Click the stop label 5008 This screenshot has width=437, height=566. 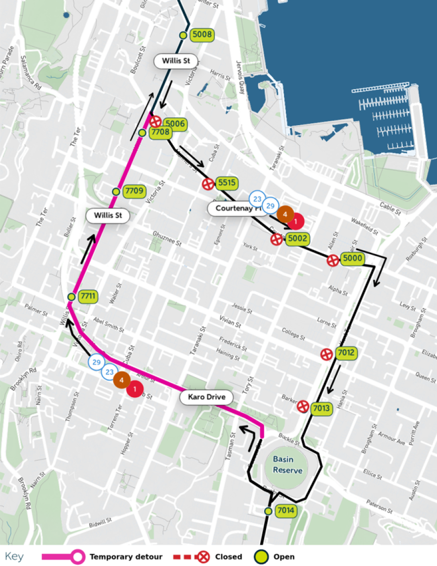click(202, 34)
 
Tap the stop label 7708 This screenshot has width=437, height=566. click(160, 132)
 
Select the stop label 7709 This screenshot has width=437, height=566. click(134, 191)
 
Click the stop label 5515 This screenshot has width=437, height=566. click(227, 183)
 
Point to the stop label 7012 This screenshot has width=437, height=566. click(346, 354)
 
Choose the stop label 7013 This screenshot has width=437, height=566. click(321, 408)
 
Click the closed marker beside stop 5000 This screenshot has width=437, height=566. click(333, 260)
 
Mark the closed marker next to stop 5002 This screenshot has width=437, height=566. click(277, 239)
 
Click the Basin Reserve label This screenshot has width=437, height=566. click(287, 465)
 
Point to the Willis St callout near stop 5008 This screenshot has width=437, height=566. click(176, 62)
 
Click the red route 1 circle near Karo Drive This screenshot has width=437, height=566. click(134, 388)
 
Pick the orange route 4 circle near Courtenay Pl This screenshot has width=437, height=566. click(285, 213)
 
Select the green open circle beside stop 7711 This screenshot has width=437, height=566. click(71, 297)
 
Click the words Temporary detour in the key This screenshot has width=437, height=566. click(126, 557)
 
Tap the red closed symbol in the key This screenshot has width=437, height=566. click(204, 557)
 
